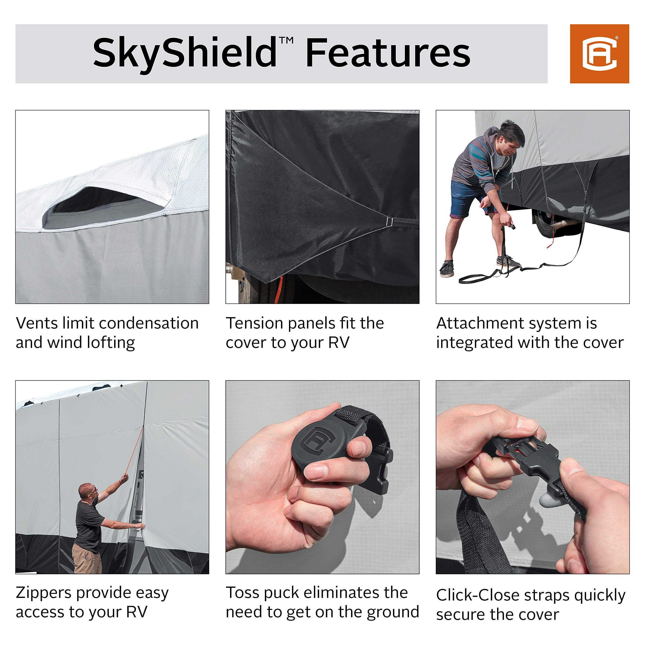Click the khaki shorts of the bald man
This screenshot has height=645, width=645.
tap(87, 558)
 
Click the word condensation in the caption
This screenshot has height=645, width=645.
tap(149, 323)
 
